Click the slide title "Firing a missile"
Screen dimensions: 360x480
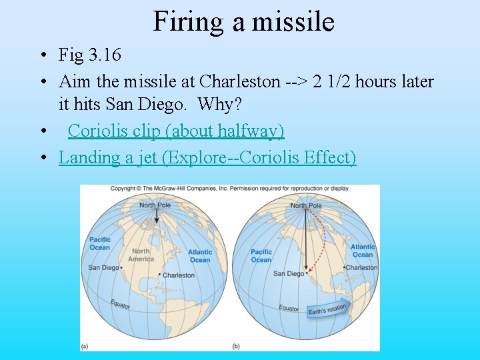tap(243, 21)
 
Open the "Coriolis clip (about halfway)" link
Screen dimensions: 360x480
tap(176, 131)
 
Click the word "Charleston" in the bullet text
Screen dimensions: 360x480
tap(240, 82)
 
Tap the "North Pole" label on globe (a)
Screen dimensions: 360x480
tap(155, 205)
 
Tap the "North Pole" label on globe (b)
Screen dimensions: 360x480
tap(306, 206)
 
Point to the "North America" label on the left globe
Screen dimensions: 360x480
tap(141, 255)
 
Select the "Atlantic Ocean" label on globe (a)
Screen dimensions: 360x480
tap(200, 256)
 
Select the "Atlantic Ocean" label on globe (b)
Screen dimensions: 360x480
tap(363, 251)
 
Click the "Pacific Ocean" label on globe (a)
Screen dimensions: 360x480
tap(100, 243)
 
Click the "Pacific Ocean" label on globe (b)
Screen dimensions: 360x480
tap(261, 255)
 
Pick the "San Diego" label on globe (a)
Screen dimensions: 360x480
tap(103, 268)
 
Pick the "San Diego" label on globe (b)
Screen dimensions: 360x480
tap(288, 273)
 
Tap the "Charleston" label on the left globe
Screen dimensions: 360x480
tap(179, 275)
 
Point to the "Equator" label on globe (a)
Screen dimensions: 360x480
tap(121, 303)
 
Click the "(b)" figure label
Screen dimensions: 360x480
tap(236, 346)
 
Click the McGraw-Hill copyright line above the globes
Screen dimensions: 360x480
tap(229, 189)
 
